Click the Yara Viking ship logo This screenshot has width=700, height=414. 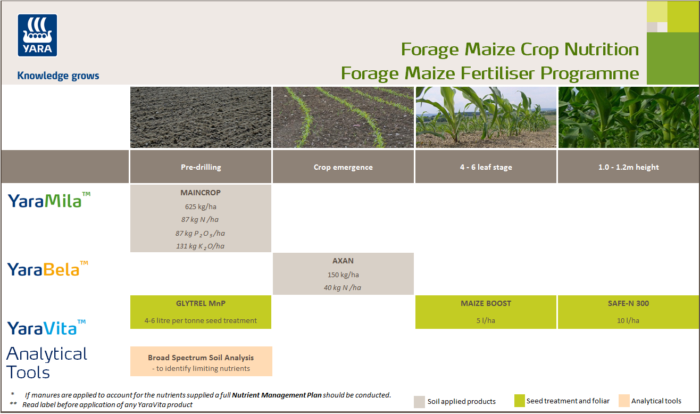38,35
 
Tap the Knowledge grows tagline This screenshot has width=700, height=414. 58,76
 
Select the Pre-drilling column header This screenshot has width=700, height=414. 201,167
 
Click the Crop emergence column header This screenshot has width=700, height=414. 343,167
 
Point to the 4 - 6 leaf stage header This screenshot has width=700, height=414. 486,167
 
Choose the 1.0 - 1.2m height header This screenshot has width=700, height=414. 628,167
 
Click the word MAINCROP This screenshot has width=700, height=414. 201,193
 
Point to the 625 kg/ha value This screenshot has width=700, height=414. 201,206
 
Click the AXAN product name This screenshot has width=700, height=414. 343,261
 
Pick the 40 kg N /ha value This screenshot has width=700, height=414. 343,288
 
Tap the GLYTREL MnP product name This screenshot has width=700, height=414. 201,303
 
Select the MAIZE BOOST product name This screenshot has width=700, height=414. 486,303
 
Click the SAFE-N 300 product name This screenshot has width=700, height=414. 628,303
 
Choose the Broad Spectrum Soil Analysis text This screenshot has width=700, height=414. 201,358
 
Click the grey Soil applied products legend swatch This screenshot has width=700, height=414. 419,401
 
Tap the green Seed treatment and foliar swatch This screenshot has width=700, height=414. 519,401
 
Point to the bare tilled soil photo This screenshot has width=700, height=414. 201,117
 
